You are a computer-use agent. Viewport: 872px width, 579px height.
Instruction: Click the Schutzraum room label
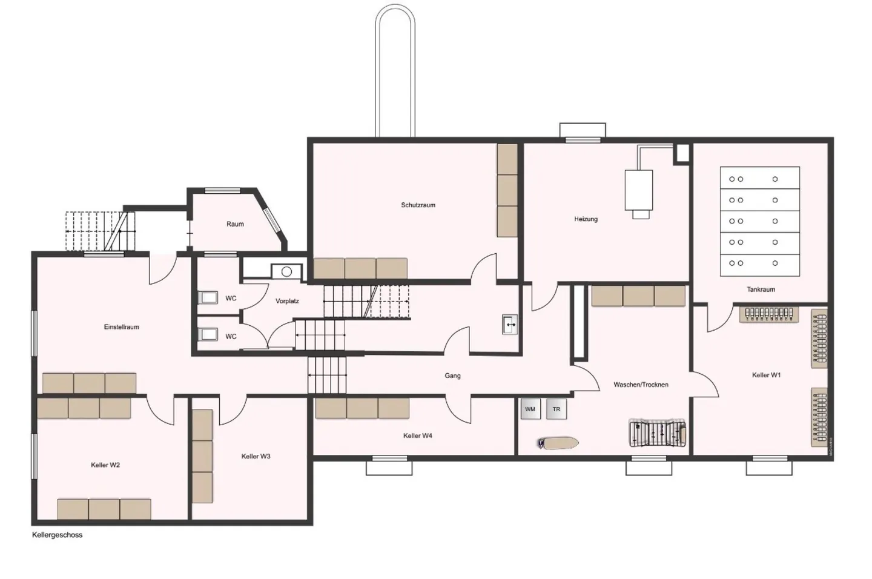418,205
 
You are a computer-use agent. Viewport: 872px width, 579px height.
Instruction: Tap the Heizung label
586,219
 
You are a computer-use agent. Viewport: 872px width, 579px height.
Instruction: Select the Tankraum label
761,289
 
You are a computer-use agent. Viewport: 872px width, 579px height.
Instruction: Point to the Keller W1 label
766,376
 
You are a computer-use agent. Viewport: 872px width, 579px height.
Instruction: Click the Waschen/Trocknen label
641,385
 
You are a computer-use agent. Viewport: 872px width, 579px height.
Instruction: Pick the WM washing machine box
530,409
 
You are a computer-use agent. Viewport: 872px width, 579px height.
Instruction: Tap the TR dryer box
556,409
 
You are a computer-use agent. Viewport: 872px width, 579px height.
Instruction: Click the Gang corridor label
452,376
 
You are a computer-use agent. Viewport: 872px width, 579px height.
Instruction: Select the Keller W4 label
417,436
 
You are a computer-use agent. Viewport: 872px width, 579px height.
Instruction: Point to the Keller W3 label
256,457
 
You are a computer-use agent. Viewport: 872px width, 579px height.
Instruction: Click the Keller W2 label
105,465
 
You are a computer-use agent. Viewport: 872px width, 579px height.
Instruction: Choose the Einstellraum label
121,327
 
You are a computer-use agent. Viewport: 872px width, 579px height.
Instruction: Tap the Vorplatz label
287,301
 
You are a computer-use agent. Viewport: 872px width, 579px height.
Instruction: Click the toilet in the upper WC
208,297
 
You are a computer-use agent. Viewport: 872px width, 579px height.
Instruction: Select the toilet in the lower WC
208,334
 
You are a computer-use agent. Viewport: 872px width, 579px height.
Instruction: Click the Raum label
235,224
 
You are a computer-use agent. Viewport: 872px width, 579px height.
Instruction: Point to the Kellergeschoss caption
57,535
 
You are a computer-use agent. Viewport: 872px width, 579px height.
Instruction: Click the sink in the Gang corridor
510,325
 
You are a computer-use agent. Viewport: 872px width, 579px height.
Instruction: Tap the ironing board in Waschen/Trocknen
558,443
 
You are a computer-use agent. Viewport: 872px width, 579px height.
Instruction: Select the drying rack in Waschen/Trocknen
658,434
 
